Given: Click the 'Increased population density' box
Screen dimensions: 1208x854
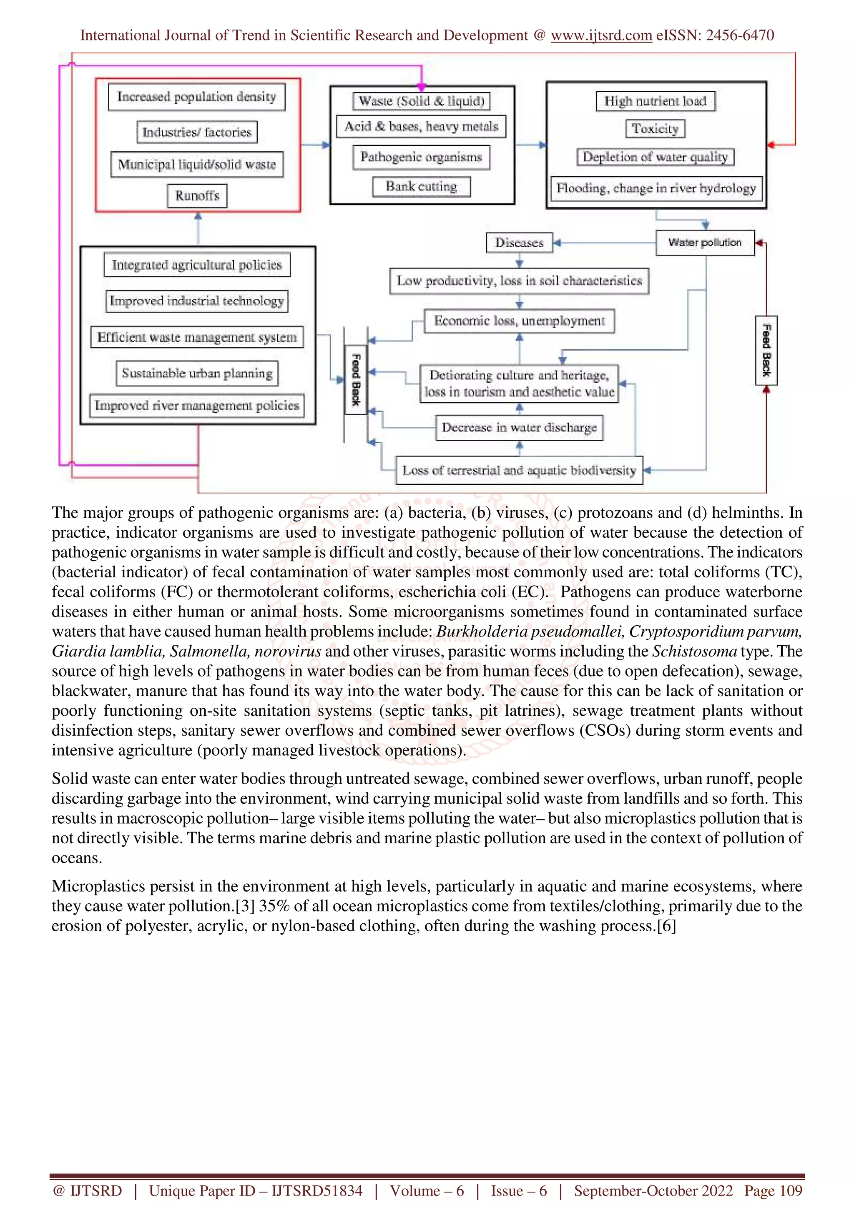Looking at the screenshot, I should click(196, 97).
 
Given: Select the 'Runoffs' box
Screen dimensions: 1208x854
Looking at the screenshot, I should click(197, 196).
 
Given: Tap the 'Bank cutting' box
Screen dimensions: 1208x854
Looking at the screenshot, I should click(421, 187).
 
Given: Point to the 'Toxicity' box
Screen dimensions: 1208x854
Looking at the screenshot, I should click(655, 129).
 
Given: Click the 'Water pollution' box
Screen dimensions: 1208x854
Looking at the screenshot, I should click(705, 243).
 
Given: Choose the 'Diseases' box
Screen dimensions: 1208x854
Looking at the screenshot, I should click(519, 243).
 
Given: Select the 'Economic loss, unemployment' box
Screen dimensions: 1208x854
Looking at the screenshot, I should click(519, 321).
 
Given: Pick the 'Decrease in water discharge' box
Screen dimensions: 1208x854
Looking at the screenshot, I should click(519, 428).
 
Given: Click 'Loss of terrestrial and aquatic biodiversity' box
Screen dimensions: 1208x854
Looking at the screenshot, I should click(519, 470).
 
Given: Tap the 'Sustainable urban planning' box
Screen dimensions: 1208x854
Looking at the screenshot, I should click(197, 373).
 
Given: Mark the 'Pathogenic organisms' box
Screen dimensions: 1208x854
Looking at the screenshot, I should click(421, 157).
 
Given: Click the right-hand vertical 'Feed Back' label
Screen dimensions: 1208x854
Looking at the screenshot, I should click(766, 351).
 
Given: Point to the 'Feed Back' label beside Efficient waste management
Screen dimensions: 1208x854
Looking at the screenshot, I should click(356, 379).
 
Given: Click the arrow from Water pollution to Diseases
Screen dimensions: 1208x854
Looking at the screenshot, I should click(605, 243).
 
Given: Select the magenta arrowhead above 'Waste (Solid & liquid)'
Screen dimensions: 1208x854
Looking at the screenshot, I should click(421, 86).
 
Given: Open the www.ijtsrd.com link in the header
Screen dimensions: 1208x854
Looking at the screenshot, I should click(601, 35).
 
